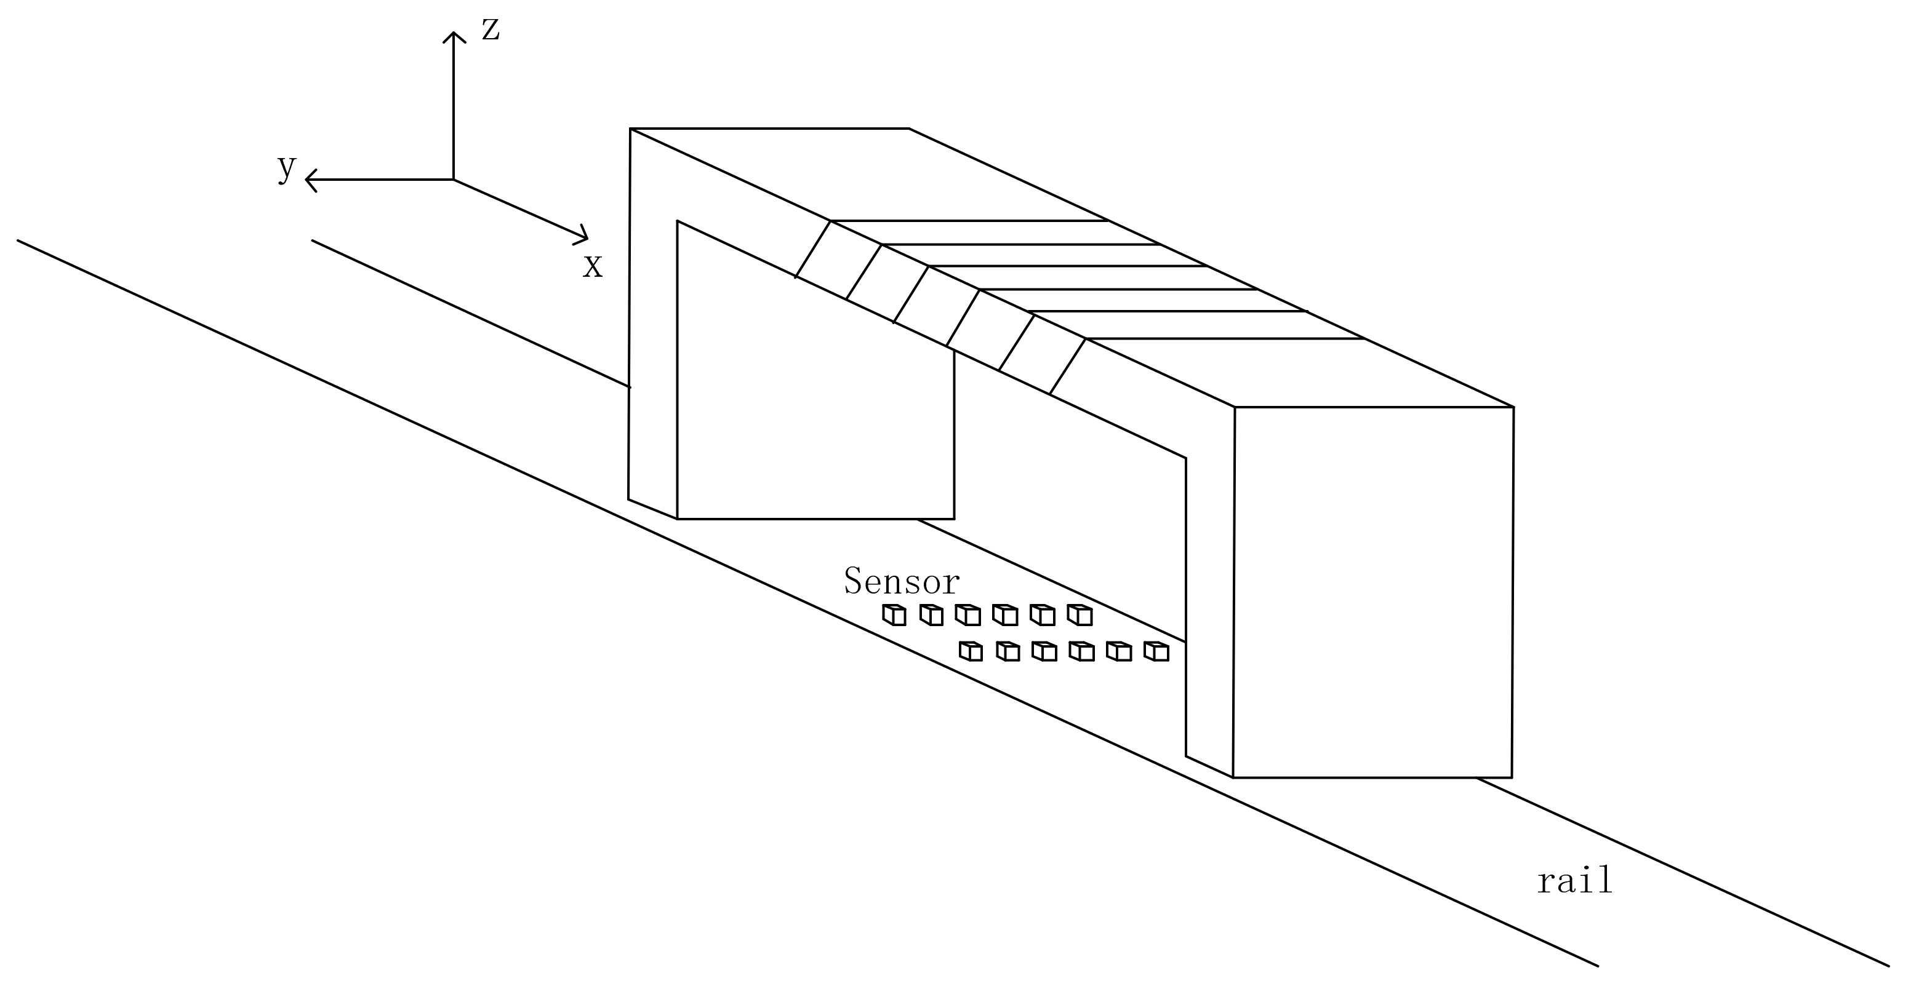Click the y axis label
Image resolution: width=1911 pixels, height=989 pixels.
(x=286, y=167)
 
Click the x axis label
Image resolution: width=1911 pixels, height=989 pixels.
(x=592, y=266)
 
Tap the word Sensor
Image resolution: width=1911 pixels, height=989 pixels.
(x=902, y=582)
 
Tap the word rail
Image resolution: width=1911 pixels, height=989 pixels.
(x=1574, y=881)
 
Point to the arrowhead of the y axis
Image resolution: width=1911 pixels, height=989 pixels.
(x=308, y=180)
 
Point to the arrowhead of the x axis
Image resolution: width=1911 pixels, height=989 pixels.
(x=585, y=237)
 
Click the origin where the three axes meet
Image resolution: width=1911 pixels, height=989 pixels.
(x=453, y=180)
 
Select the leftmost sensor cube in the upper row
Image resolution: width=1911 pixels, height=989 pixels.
(x=894, y=614)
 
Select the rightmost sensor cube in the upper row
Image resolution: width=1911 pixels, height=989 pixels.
(x=1080, y=614)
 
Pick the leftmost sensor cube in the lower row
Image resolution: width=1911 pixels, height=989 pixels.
(x=971, y=651)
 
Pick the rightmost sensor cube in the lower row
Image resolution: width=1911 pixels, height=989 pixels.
(x=1156, y=651)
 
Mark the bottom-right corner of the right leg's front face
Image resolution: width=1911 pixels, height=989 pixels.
(x=1511, y=777)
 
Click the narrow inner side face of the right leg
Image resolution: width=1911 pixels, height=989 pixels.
(x=1210, y=608)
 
